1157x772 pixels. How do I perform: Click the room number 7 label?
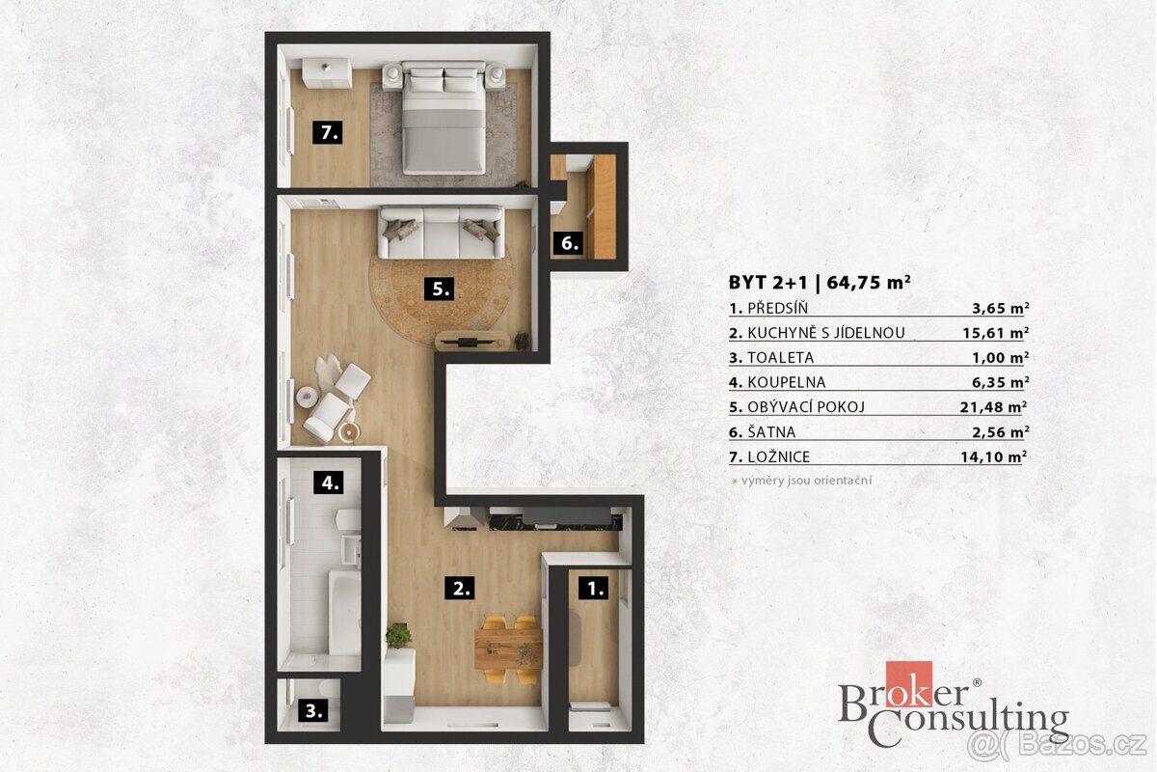click(x=328, y=132)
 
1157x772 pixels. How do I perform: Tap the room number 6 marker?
click(x=568, y=243)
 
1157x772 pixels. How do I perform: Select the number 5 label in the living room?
click(x=439, y=289)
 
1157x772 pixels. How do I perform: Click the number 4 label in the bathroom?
click(x=329, y=482)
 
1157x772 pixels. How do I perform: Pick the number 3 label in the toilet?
click(x=313, y=710)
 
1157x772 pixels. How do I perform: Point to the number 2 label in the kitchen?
click(x=460, y=588)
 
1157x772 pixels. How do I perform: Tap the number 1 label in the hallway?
click(x=594, y=588)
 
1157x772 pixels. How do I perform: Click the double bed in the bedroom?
click(x=444, y=118)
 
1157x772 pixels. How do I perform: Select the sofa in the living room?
click(x=442, y=233)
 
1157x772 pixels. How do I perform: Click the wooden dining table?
click(x=508, y=648)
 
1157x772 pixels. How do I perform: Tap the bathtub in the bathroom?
click(x=344, y=613)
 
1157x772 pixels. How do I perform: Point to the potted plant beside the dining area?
click(x=399, y=636)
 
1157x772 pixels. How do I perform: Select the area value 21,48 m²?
click(x=993, y=407)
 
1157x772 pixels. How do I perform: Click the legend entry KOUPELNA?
click(x=787, y=383)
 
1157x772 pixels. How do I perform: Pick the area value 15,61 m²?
click(x=995, y=333)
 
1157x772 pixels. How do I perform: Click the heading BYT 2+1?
click(x=768, y=283)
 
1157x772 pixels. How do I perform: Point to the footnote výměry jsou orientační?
click(x=806, y=481)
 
